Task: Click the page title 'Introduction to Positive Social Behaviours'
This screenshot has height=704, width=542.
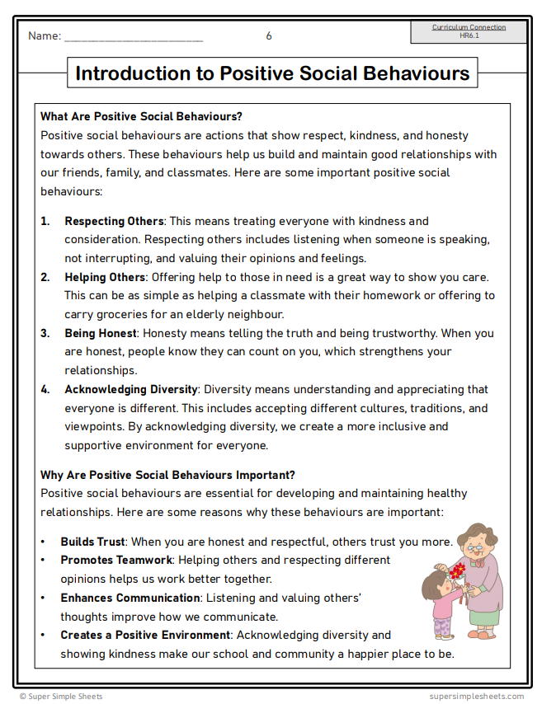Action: point(272,73)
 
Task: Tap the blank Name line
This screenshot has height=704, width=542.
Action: point(133,38)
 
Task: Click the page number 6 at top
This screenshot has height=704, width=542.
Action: point(269,36)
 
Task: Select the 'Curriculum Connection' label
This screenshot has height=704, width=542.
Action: point(469,27)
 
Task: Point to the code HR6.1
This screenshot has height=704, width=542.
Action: point(469,35)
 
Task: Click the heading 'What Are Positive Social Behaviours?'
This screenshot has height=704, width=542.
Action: point(141,117)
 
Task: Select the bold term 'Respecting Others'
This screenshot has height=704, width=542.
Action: point(115,221)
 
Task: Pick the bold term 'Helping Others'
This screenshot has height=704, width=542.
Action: point(105,277)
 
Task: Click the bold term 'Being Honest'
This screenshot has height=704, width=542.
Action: point(100,333)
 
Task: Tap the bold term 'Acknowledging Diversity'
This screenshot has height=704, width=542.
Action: point(131,389)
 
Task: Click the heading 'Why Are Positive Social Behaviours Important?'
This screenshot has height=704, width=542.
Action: point(167,475)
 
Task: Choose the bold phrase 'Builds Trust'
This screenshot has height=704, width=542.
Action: point(92,542)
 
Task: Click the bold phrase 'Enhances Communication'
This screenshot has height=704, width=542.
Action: point(130,598)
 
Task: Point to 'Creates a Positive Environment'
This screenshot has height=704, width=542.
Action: point(145,635)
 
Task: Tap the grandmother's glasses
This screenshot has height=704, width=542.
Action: point(474,547)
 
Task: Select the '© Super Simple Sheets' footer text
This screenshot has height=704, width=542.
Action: point(61,697)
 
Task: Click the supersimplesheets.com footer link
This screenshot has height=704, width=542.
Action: point(476,697)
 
